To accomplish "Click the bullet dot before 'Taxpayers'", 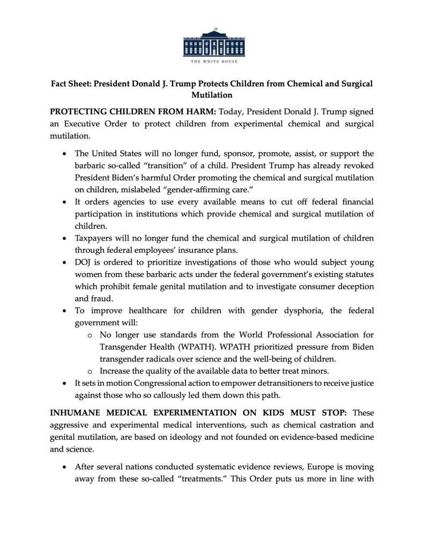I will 65,238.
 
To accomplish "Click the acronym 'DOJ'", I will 84,262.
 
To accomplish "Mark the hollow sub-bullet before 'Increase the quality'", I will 90,371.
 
